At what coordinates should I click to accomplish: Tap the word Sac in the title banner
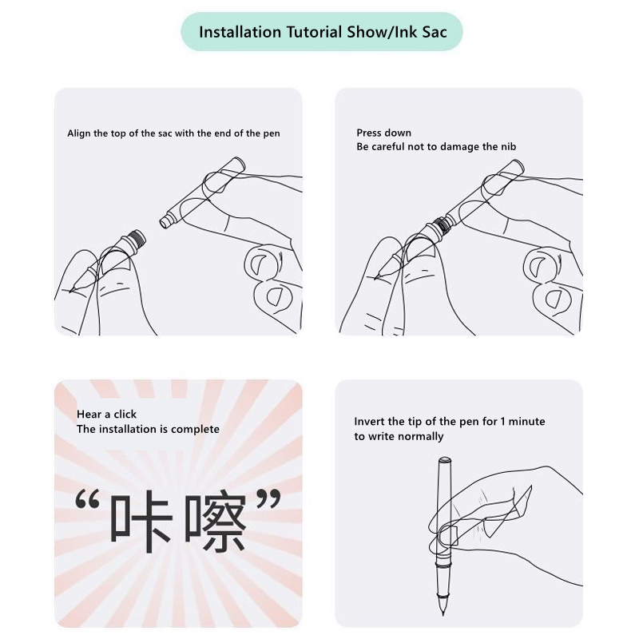pyautogui.click(x=435, y=32)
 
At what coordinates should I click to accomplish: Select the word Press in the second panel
pyautogui.click(x=367, y=133)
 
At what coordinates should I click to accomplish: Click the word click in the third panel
pyautogui.click(x=125, y=414)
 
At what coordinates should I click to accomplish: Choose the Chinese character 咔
pyautogui.click(x=141, y=521)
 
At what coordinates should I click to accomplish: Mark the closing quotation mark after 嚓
pyautogui.click(x=268, y=498)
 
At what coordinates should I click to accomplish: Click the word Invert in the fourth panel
pyautogui.click(x=367, y=422)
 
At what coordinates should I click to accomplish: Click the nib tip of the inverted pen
pyautogui.click(x=443, y=614)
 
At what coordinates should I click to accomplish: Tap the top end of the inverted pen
pyautogui.click(x=445, y=460)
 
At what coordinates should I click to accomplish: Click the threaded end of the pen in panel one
pyautogui.click(x=138, y=237)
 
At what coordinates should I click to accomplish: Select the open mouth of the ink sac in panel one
pyautogui.click(x=164, y=223)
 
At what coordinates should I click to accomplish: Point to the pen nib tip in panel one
pyautogui.click(x=71, y=291)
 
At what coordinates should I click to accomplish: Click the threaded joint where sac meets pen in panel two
pyautogui.click(x=441, y=224)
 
